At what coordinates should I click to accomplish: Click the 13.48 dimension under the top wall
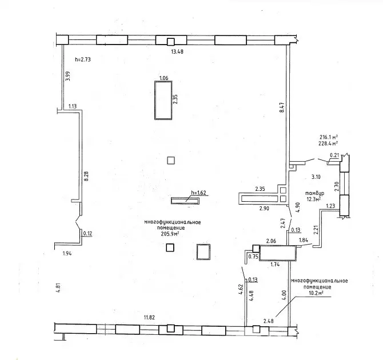tap(177, 51)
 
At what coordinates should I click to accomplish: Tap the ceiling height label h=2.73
tap(83, 59)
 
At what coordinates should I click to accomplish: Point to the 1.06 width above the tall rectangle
tap(163, 78)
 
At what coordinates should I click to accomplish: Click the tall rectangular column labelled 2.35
tap(163, 101)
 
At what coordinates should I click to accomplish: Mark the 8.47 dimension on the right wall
tap(282, 107)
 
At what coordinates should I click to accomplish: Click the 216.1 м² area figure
tap(329, 137)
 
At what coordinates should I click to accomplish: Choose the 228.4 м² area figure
tap(329, 143)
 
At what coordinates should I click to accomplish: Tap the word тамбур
tap(315, 194)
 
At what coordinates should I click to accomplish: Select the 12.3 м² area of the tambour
tap(314, 199)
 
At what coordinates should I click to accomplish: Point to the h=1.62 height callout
tap(198, 193)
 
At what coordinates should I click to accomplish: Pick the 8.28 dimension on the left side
tap(86, 176)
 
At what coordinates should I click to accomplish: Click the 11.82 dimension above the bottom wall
tap(149, 318)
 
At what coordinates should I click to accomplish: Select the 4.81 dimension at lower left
tap(58, 287)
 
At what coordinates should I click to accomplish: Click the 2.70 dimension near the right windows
tap(337, 186)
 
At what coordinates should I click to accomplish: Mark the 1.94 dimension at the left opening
tap(67, 254)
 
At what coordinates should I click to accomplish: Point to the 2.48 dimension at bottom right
tap(269, 321)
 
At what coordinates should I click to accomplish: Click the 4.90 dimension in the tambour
tap(297, 207)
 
